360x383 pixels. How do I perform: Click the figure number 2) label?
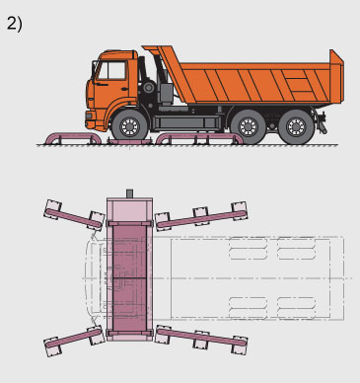(x=15, y=24)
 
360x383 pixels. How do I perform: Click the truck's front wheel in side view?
(x=130, y=126)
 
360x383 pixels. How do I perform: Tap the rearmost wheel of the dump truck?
(x=296, y=126)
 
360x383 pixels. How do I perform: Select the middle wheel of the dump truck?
(x=249, y=126)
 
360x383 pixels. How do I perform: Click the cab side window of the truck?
(x=112, y=70)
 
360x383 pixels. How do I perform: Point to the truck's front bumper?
(x=91, y=120)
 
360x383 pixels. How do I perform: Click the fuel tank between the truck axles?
(x=186, y=122)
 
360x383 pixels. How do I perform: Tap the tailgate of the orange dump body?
(x=336, y=76)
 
